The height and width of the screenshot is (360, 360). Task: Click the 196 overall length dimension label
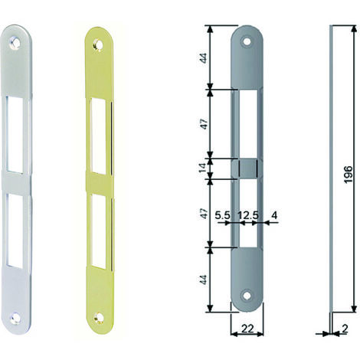(x=349, y=175)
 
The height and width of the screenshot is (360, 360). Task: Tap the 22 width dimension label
(x=247, y=329)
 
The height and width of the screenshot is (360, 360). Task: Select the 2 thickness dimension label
(x=345, y=329)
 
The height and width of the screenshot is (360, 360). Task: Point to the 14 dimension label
(x=202, y=169)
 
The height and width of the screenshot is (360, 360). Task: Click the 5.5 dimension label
(x=222, y=215)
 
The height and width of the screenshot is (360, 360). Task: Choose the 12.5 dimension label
(x=248, y=215)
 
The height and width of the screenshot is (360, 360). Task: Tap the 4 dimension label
(x=274, y=215)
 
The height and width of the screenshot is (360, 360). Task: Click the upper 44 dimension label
(x=204, y=58)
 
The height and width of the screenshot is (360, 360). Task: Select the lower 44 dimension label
(x=204, y=280)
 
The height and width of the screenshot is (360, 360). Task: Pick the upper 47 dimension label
(x=204, y=124)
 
